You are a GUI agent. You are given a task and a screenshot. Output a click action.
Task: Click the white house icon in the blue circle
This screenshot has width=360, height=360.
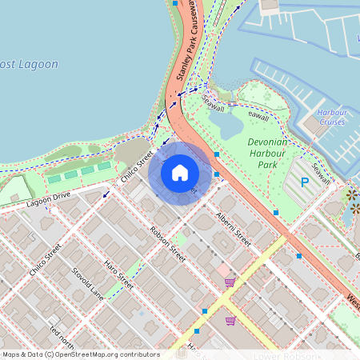click(x=180, y=172)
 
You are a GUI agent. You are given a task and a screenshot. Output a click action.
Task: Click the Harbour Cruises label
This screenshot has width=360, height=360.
click(x=331, y=117)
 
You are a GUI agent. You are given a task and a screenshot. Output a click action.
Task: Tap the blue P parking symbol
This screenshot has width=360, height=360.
click(x=304, y=182)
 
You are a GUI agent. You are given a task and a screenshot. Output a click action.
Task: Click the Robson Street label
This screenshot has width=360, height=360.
click(x=168, y=243)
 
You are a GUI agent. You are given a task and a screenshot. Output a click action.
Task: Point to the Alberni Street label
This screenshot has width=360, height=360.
click(x=234, y=229)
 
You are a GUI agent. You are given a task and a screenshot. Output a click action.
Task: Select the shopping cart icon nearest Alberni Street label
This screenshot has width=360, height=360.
click(x=230, y=281)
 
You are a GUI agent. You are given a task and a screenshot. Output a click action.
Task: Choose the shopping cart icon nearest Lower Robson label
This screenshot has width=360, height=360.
click(x=230, y=321)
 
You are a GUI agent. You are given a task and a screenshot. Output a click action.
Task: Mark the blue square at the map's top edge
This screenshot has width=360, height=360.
click(x=175, y=3)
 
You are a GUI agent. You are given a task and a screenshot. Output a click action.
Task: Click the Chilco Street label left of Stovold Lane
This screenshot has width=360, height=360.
click(x=45, y=260)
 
